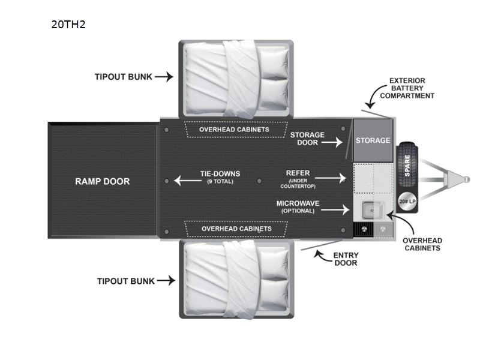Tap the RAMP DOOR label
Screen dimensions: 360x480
(x=102, y=181)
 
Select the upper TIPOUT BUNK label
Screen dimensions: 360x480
(x=124, y=77)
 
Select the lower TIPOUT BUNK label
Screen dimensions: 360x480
(x=126, y=281)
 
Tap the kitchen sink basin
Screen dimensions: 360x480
(x=371, y=210)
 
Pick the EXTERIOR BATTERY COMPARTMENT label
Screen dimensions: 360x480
(x=411, y=88)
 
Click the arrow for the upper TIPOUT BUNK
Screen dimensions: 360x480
(x=164, y=77)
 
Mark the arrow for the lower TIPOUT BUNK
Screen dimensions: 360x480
(x=166, y=281)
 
